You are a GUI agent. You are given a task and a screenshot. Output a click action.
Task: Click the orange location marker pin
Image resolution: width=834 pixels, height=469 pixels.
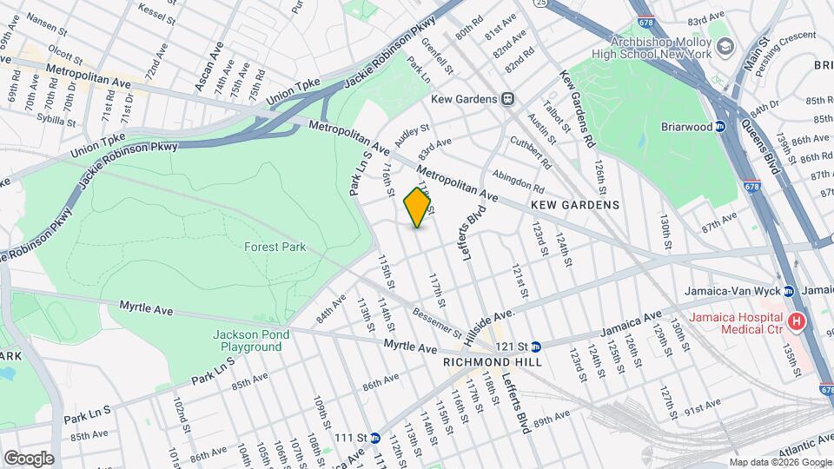coord(418,207)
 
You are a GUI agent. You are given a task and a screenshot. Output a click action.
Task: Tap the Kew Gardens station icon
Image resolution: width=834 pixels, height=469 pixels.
coord(507,99)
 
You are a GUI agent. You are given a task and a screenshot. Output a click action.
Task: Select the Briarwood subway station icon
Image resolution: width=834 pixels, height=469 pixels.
coord(719,126)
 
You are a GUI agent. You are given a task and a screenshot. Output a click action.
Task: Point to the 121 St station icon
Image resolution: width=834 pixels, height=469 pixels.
coord(536,346)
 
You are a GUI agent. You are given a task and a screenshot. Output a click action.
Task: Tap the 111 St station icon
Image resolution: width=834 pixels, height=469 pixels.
coord(374,438)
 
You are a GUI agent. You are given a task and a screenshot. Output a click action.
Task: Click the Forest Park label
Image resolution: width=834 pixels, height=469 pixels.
coord(275,247)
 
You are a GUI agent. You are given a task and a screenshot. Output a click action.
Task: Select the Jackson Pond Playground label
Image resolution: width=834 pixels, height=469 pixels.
coord(248,340)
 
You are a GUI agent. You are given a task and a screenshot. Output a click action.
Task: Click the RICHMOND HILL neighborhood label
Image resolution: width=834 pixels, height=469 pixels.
coord(493,362)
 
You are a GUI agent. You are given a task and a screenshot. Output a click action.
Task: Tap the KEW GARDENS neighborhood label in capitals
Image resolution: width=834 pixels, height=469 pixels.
coord(577,205)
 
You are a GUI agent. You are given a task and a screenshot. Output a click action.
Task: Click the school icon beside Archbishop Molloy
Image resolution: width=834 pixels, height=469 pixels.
coord(722,46)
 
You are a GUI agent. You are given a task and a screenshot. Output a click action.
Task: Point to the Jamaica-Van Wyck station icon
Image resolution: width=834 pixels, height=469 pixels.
coord(788,291)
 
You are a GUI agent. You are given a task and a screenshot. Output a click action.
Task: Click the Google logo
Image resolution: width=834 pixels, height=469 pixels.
coord(29,459)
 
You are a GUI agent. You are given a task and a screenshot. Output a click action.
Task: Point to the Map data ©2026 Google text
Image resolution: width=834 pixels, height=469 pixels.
coord(779,462)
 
